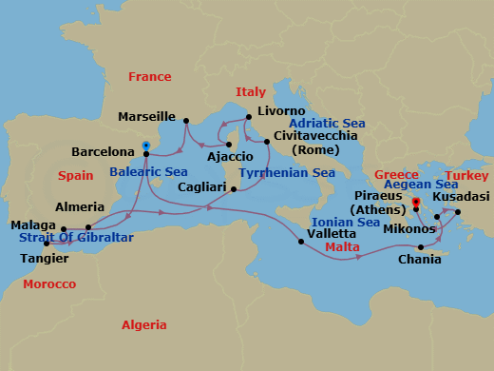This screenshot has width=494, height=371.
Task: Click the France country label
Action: click(x=150, y=77)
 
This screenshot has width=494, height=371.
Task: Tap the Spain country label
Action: click(x=75, y=176)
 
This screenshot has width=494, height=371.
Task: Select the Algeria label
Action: click(x=144, y=325)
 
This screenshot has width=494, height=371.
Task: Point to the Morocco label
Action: click(x=48, y=284)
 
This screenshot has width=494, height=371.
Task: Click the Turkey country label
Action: click(x=466, y=176)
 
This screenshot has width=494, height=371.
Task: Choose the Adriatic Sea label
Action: click(x=327, y=125)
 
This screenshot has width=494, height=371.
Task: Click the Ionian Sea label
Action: click(x=345, y=223)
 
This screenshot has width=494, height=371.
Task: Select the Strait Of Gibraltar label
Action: click(x=77, y=237)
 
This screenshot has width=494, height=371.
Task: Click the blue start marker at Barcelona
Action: click(x=145, y=146)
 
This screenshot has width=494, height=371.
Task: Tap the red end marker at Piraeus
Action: click(x=416, y=202)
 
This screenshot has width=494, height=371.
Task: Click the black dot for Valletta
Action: click(x=301, y=242)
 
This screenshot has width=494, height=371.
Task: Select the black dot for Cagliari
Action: click(x=234, y=188)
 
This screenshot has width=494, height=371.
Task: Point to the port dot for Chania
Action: click(x=421, y=247)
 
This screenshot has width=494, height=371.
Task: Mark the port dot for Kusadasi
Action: click(x=457, y=212)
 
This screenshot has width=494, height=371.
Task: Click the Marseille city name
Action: click(x=147, y=117)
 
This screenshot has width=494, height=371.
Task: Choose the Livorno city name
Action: click(x=279, y=111)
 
